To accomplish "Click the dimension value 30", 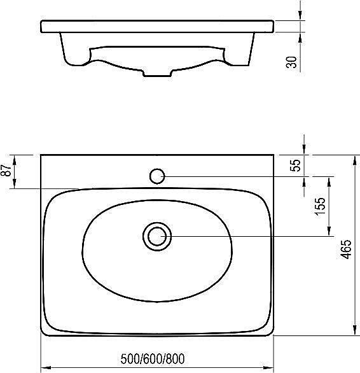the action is (x=291, y=62).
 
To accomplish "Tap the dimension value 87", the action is (x=6, y=171).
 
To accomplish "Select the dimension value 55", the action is (x=295, y=165).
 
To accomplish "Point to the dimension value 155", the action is (x=320, y=206).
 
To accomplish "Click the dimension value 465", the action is (x=346, y=249).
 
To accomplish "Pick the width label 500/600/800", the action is (x=153, y=359).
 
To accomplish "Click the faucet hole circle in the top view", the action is (x=157, y=176).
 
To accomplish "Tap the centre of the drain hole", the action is (x=157, y=236).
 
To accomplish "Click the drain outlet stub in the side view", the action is (x=157, y=73).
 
